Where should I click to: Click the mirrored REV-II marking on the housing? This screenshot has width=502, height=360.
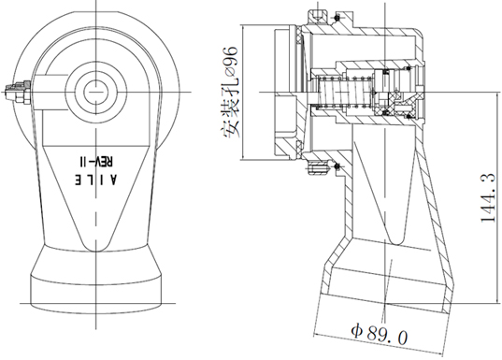point(96,161)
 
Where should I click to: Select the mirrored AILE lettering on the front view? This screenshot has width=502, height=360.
point(96,180)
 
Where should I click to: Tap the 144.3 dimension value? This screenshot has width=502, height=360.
point(488,197)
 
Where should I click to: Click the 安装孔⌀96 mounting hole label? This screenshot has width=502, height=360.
point(230,93)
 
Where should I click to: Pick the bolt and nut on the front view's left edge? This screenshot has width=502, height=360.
point(18,92)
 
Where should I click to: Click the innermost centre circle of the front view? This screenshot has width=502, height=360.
point(95,92)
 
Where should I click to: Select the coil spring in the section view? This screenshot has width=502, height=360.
point(343,92)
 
